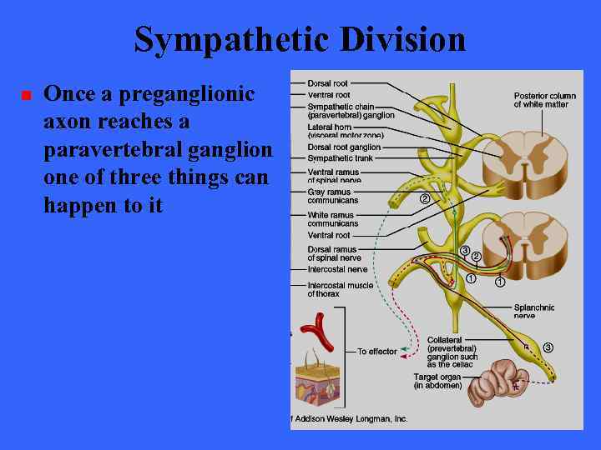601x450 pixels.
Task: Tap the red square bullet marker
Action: click(25, 96)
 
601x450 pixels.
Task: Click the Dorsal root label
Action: click(328, 83)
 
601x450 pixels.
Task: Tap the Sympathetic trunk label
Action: click(341, 157)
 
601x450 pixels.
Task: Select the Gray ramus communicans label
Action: click(333, 196)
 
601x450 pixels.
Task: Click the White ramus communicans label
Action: click(333, 219)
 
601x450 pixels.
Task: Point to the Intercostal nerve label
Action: click(337, 269)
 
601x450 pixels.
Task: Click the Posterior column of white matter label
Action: click(544, 100)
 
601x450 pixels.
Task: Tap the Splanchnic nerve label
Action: click(535, 312)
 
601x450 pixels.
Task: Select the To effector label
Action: click(377, 352)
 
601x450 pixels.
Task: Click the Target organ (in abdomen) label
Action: click(438, 382)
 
